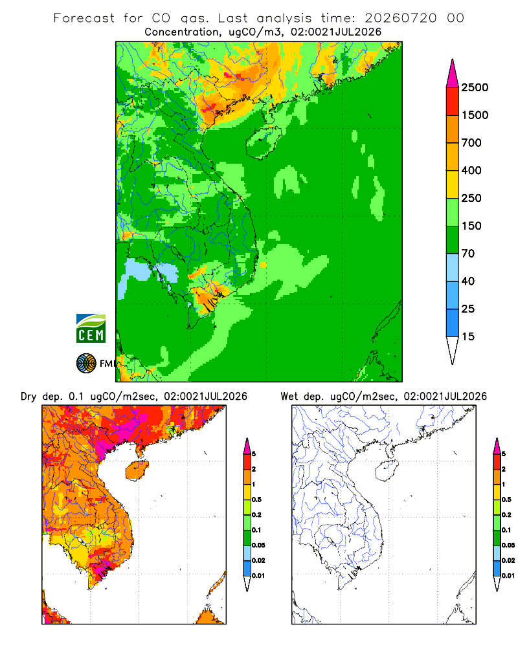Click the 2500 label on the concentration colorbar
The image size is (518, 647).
click(x=475, y=87)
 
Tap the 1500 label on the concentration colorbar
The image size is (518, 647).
click(x=475, y=115)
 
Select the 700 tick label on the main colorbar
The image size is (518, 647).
click(x=471, y=143)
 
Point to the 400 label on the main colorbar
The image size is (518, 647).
click(x=471, y=170)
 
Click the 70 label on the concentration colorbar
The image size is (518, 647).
click(x=468, y=254)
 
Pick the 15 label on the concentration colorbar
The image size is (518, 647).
click(x=468, y=336)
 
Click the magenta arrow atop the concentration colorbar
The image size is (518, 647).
click(x=453, y=74)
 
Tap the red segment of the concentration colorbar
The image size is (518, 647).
click(x=453, y=102)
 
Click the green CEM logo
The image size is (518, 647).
click(x=91, y=329)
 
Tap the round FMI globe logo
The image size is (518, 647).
click(x=86, y=364)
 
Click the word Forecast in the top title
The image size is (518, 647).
click(x=84, y=18)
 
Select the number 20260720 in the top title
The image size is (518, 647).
click(x=401, y=18)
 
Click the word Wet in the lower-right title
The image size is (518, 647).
click(x=289, y=397)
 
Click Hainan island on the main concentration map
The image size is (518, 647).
click(x=263, y=142)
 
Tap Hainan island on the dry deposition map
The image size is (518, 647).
click(x=137, y=470)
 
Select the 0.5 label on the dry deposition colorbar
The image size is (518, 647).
click(x=256, y=499)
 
